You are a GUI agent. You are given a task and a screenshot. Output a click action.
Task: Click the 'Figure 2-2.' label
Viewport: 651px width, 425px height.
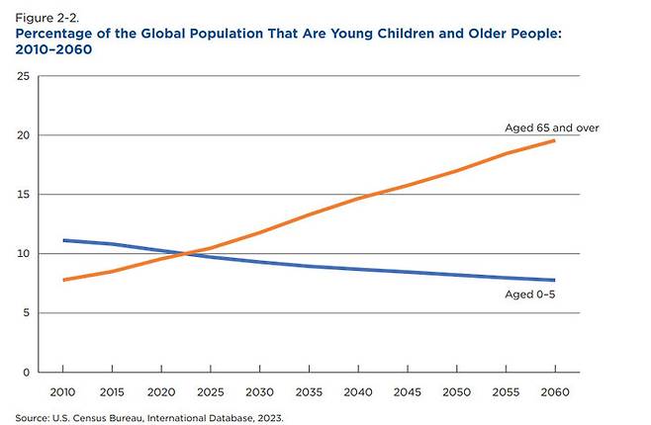coord(46,18)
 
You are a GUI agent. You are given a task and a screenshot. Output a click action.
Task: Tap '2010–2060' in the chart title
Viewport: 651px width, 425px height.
coord(53,49)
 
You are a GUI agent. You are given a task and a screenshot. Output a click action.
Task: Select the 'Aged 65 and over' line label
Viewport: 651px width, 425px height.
coord(552,127)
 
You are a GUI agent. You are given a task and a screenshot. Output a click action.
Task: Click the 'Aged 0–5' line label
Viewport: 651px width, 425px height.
coord(529,295)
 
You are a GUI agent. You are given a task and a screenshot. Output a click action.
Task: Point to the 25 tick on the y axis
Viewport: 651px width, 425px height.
coord(24,76)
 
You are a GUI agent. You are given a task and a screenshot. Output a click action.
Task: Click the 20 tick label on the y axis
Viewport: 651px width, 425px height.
coord(24,135)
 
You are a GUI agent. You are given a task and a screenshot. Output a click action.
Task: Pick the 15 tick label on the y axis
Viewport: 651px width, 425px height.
coord(24,195)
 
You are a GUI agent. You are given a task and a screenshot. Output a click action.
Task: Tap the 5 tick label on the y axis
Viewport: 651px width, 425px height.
coord(27,313)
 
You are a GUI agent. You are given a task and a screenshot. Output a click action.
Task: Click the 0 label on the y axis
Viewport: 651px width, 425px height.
coord(27,373)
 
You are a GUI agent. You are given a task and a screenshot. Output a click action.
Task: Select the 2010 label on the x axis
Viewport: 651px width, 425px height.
coord(62,392)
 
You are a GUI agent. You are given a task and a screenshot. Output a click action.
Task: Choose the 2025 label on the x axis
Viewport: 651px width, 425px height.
coord(211,392)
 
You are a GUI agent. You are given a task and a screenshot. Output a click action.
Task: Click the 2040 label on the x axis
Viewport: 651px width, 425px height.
coord(358,392)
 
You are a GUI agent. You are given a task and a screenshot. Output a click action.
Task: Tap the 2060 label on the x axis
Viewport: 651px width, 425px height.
coord(555,392)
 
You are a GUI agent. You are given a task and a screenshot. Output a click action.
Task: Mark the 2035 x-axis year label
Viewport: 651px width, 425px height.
coord(309,392)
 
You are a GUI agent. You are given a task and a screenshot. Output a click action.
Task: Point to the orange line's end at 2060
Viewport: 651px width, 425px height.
coord(554,141)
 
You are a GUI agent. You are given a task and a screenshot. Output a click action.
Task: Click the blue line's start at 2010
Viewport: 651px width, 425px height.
coord(64,240)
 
